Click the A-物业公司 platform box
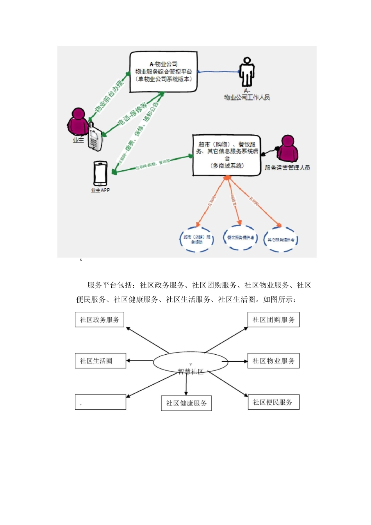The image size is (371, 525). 163,72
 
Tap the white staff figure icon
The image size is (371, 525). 246,72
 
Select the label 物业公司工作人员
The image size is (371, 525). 247,97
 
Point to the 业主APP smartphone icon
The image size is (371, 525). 100,174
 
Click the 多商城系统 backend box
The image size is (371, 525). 227,155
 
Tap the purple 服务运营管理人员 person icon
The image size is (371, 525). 287,149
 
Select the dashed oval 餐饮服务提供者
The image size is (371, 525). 240,237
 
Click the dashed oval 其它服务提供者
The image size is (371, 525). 281,239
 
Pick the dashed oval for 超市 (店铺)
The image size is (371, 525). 197,239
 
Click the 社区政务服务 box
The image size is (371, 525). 100,320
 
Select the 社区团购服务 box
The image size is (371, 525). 273,320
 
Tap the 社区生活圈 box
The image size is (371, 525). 100,361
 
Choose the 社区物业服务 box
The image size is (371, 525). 273,361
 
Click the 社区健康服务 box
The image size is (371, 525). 186,403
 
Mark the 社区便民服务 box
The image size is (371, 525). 273,402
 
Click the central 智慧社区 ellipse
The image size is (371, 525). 190,362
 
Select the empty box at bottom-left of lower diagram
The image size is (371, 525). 100,402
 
